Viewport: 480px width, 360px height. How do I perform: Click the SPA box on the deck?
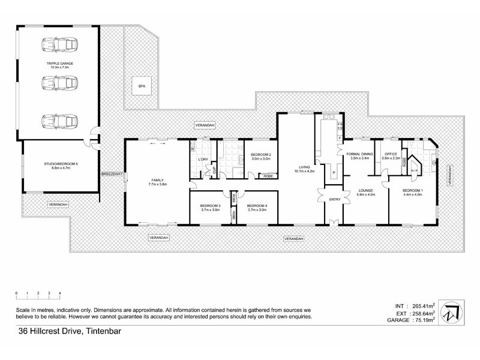[142, 86]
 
